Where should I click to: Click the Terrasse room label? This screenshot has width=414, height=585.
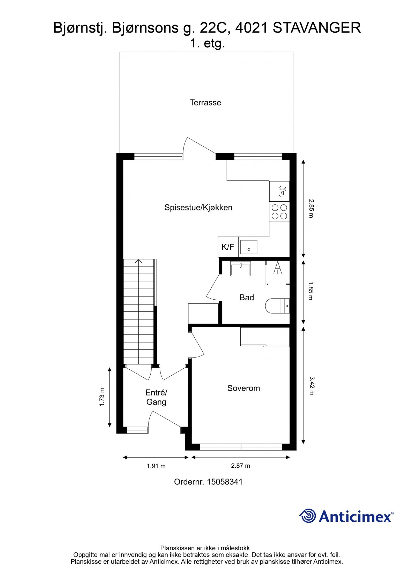coord(205,103)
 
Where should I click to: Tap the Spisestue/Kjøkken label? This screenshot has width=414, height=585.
coord(198,207)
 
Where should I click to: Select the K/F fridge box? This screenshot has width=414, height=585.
coord(228,247)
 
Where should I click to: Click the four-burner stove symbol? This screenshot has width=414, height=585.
coord(279,212)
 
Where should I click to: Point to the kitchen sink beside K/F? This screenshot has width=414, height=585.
coord(248,247)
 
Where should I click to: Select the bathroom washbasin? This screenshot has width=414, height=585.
coord(240,269)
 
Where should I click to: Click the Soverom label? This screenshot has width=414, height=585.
coord(243,388)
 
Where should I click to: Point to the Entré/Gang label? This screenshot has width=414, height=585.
coord(156,397)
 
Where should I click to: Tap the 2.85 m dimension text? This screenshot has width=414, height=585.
coord(311,208)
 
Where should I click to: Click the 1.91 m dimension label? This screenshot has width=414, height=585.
coord(156,466)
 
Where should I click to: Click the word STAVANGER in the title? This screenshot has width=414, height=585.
coord(316,28)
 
